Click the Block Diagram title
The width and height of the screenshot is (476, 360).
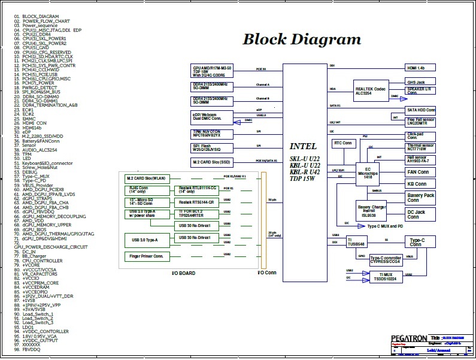(301, 40)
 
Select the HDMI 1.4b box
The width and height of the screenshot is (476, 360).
(421, 68)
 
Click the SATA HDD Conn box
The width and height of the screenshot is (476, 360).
(421, 110)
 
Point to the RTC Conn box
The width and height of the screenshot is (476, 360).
(343, 143)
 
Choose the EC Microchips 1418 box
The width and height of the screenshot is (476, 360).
(368, 173)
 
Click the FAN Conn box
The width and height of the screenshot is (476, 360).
(421, 172)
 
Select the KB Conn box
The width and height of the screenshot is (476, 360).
(421, 184)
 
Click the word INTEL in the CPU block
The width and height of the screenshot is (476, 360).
(303, 146)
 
